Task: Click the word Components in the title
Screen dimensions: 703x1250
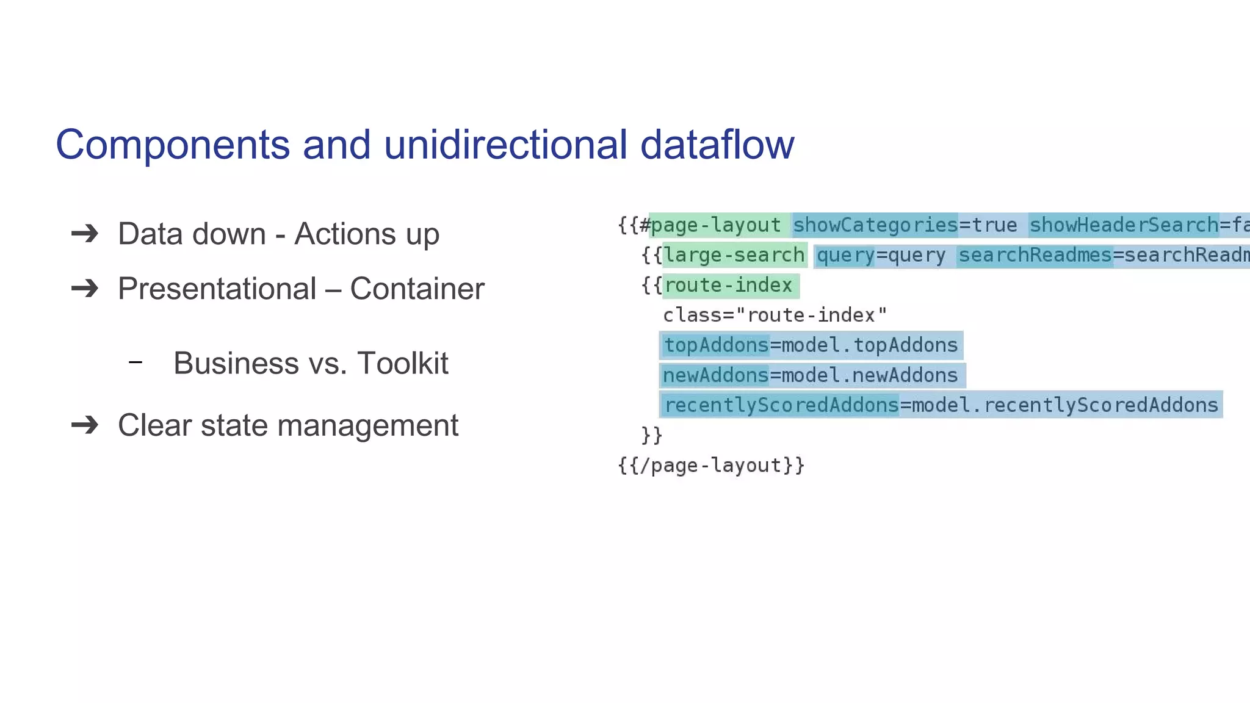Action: coord(173,145)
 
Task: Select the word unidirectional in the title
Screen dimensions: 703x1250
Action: coord(505,145)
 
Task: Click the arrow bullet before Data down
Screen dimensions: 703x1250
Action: coord(85,234)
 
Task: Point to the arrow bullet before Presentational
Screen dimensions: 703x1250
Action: coord(85,288)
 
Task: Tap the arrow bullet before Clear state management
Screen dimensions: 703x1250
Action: coord(85,425)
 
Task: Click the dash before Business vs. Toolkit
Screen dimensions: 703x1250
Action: coord(135,362)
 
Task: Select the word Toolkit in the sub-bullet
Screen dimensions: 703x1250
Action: coord(403,363)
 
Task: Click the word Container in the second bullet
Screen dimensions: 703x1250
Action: coord(417,289)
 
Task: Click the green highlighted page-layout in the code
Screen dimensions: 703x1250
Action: coord(716,225)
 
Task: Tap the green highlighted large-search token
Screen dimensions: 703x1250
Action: coord(734,255)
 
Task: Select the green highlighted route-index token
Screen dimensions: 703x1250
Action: coord(728,285)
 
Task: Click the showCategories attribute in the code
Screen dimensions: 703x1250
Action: coord(875,225)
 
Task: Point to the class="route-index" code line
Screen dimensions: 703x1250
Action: coord(775,315)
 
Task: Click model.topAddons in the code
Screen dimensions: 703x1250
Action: coord(869,345)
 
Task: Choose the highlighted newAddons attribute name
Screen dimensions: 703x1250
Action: coord(715,375)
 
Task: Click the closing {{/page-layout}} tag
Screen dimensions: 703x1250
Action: coord(711,466)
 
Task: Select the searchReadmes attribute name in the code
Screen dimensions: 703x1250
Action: coord(1035,255)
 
